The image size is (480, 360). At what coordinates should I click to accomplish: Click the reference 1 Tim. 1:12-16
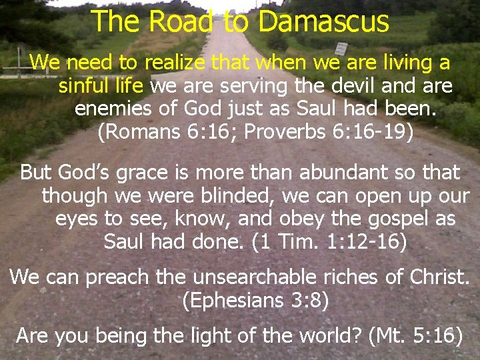coord(329,241)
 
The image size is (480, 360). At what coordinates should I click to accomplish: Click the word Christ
coord(437,276)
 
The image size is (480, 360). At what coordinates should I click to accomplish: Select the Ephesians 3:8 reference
coord(255,301)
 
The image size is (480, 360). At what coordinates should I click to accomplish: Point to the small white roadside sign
coord(341,49)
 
